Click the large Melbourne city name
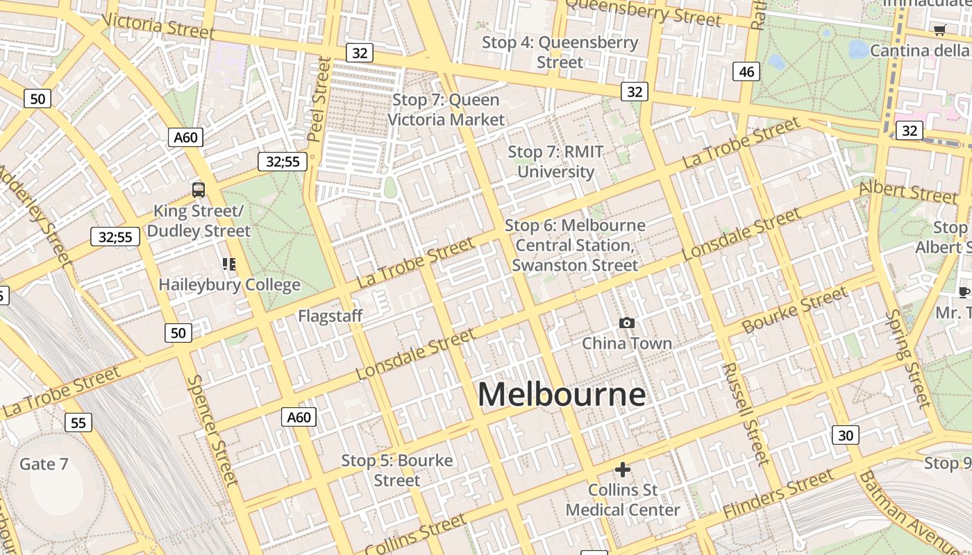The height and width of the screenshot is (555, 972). pyautogui.click(x=561, y=395)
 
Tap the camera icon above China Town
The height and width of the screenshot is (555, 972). pyautogui.click(x=626, y=323)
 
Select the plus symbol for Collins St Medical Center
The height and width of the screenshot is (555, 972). pyautogui.click(x=623, y=470)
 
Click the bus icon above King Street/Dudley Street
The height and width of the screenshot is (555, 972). pyautogui.click(x=199, y=189)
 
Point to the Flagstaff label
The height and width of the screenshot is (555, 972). pyautogui.click(x=330, y=316)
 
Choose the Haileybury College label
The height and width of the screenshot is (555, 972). pyautogui.click(x=229, y=284)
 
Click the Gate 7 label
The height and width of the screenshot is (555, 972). pyautogui.click(x=44, y=464)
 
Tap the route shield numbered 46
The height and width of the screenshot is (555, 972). pyautogui.click(x=746, y=71)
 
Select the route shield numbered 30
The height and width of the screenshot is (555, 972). pyautogui.click(x=845, y=435)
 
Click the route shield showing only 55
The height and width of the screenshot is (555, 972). pyautogui.click(x=78, y=422)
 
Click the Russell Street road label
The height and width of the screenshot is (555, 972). pyautogui.click(x=744, y=413)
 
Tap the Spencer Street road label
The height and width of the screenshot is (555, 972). pyautogui.click(x=212, y=430)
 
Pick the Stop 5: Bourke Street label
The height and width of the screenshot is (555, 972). pyautogui.click(x=396, y=470)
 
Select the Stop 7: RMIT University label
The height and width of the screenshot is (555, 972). pyautogui.click(x=555, y=162)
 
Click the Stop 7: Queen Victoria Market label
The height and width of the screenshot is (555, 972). pyautogui.click(x=446, y=110)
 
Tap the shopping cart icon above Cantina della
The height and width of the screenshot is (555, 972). pyautogui.click(x=939, y=30)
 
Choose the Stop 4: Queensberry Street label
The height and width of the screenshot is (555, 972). pyautogui.click(x=560, y=52)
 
